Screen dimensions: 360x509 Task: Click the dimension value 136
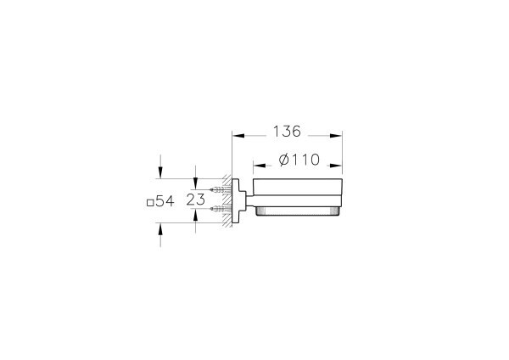(x=286, y=132)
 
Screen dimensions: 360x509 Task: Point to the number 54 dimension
(x=165, y=202)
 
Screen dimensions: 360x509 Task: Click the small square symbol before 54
(x=149, y=203)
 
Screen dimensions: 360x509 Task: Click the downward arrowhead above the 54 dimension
(x=160, y=172)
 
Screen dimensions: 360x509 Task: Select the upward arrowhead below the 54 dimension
(x=160, y=229)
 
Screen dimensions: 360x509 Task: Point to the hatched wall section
(x=227, y=202)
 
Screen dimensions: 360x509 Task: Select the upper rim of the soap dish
(x=298, y=181)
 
